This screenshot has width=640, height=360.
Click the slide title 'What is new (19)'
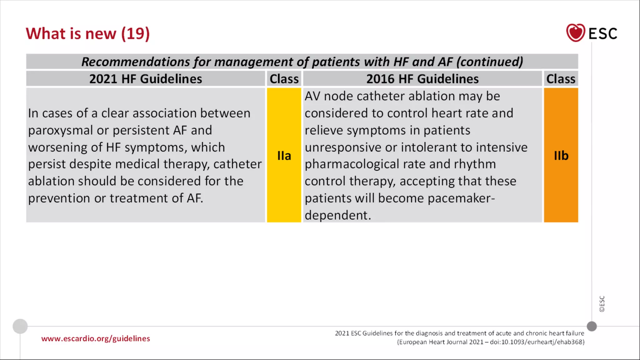(x=87, y=33)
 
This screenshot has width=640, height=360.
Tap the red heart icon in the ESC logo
(x=575, y=32)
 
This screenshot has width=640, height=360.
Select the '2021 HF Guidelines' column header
(x=146, y=79)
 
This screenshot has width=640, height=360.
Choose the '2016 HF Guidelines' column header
(x=422, y=79)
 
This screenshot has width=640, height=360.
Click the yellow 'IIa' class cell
(x=284, y=155)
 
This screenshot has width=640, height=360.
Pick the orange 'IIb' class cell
(x=561, y=155)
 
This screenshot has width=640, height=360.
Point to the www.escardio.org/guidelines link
(x=96, y=338)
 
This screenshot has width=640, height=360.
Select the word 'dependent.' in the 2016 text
(x=338, y=215)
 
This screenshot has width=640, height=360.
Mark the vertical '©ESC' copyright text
(x=602, y=304)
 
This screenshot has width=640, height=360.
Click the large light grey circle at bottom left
(x=20, y=326)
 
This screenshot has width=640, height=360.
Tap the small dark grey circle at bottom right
(x=592, y=326)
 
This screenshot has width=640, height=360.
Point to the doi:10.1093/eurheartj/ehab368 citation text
(x=537, y=342)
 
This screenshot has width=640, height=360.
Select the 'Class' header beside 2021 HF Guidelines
(x=284, y=79)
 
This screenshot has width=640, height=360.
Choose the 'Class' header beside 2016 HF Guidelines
(x=561, y=79)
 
